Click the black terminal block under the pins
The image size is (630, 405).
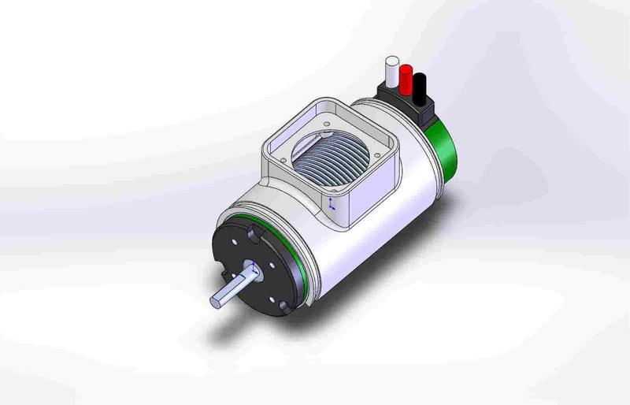(406, 102)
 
